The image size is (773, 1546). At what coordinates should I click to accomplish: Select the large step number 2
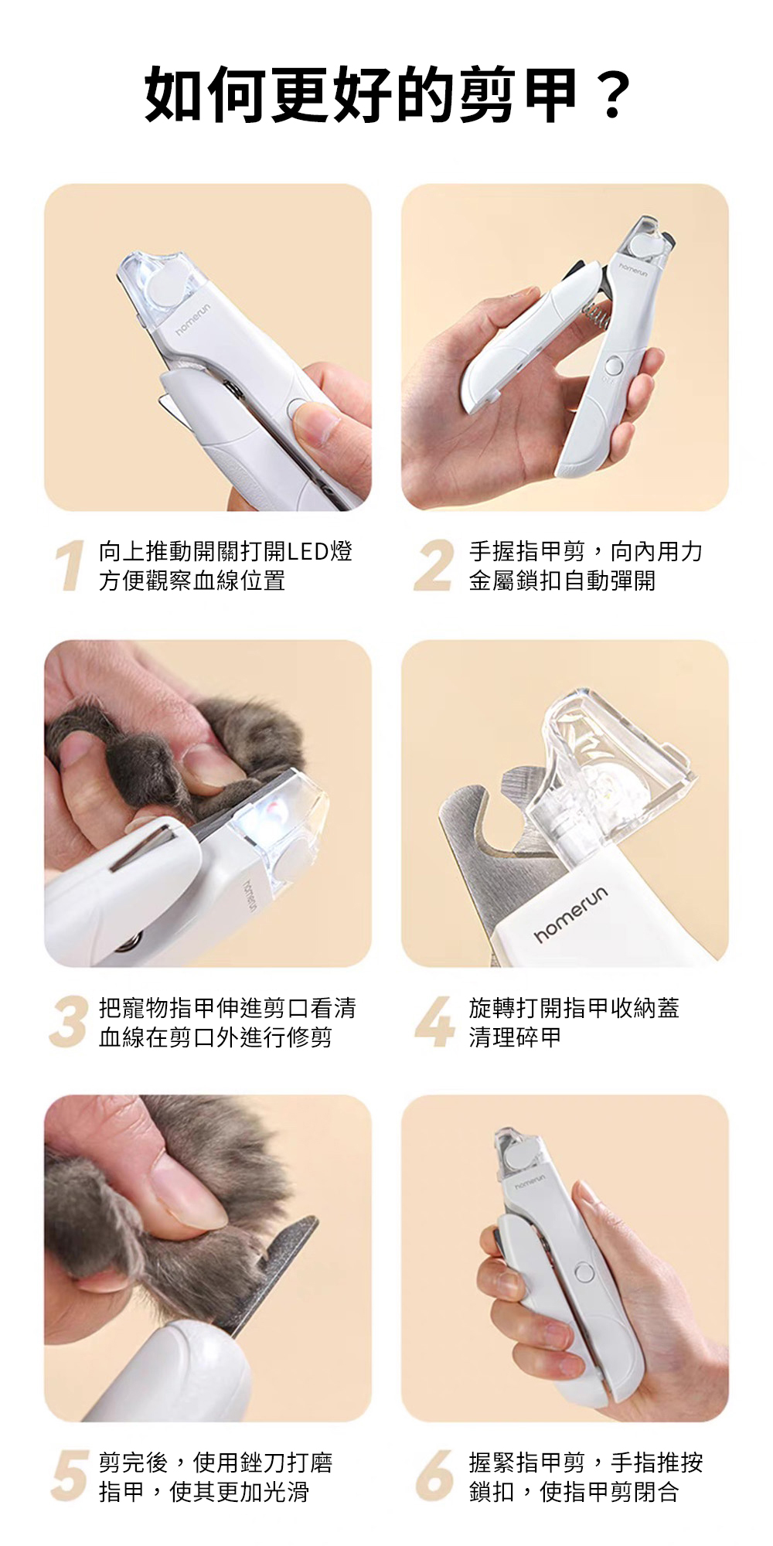434,566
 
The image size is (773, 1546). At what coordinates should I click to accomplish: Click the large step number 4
434,1022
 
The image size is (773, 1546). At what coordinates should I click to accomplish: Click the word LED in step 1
308,552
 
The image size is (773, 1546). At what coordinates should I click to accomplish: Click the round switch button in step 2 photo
615,366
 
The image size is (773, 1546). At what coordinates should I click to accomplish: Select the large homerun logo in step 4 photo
572,914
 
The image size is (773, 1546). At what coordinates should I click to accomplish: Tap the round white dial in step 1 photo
168,288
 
